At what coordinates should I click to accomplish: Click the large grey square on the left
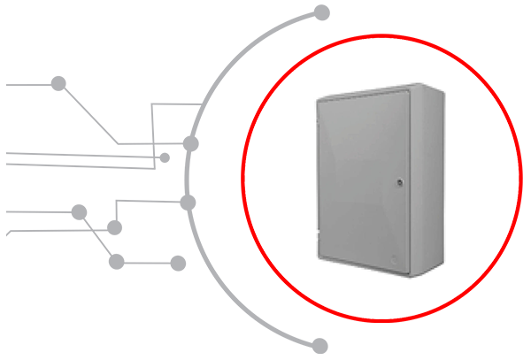click(124, 159)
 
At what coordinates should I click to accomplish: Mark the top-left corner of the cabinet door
click(319, 100)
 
